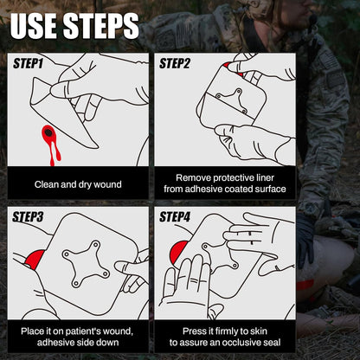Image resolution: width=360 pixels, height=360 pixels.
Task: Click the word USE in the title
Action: point(33,25)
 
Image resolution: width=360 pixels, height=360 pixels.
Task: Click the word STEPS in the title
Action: point(101,25)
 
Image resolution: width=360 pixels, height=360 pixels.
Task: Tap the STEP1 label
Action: point(29,63)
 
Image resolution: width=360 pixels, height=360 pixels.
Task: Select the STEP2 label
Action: point(175,63)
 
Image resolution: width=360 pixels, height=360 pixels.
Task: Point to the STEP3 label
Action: point(28,217)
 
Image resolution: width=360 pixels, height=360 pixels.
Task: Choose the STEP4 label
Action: point(175,217)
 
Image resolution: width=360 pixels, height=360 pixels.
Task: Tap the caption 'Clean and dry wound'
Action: point(78,184)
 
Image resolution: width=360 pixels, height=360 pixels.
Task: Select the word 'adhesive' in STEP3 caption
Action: point(55,343)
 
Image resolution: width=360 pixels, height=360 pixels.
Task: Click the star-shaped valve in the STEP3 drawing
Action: point(86,264)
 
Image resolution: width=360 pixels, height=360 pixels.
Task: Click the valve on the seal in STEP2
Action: point(232,100)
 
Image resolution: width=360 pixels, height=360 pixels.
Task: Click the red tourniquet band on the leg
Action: point(305,285)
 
